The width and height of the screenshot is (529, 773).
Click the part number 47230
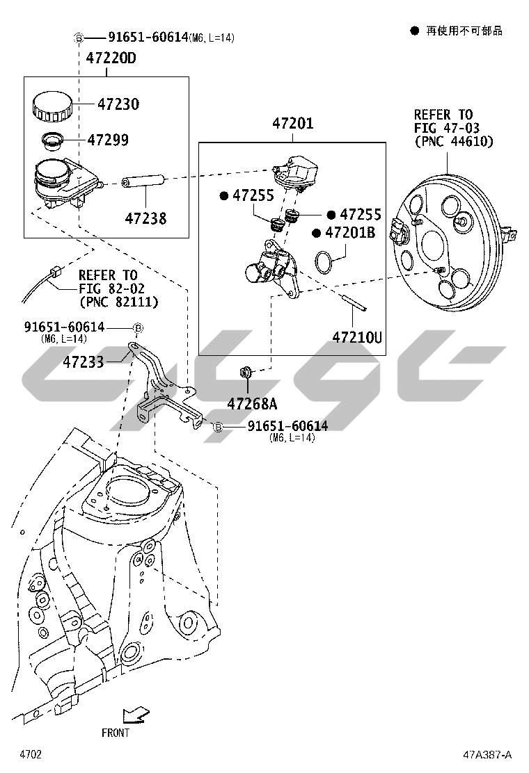pos(118,104)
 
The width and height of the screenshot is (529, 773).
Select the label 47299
pos(108,140)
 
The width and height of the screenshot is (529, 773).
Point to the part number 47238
pos(145,218)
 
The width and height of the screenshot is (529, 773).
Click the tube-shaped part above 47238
pos(142,183)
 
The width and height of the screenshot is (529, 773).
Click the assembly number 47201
pos(292,124)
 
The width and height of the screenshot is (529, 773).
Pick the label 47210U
pos(356,338)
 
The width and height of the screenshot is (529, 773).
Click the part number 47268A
pos(251,403)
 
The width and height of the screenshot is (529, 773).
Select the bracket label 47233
pos(83,361)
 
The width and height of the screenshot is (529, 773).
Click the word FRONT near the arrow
pos(116,732)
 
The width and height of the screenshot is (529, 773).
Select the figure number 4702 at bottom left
pos(31,755)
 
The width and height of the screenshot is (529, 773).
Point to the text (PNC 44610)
pos(453,142)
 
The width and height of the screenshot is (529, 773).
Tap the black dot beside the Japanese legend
pos(414,31)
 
